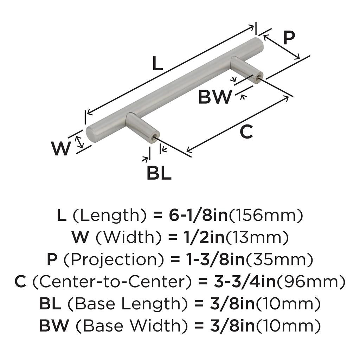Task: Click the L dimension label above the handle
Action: tap(158, 64)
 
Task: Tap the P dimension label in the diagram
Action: tap(289, 38)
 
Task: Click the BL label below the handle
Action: tap(159, 173)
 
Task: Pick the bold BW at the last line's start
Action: tap(54, 326)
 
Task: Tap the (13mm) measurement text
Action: tap(257, 238)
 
